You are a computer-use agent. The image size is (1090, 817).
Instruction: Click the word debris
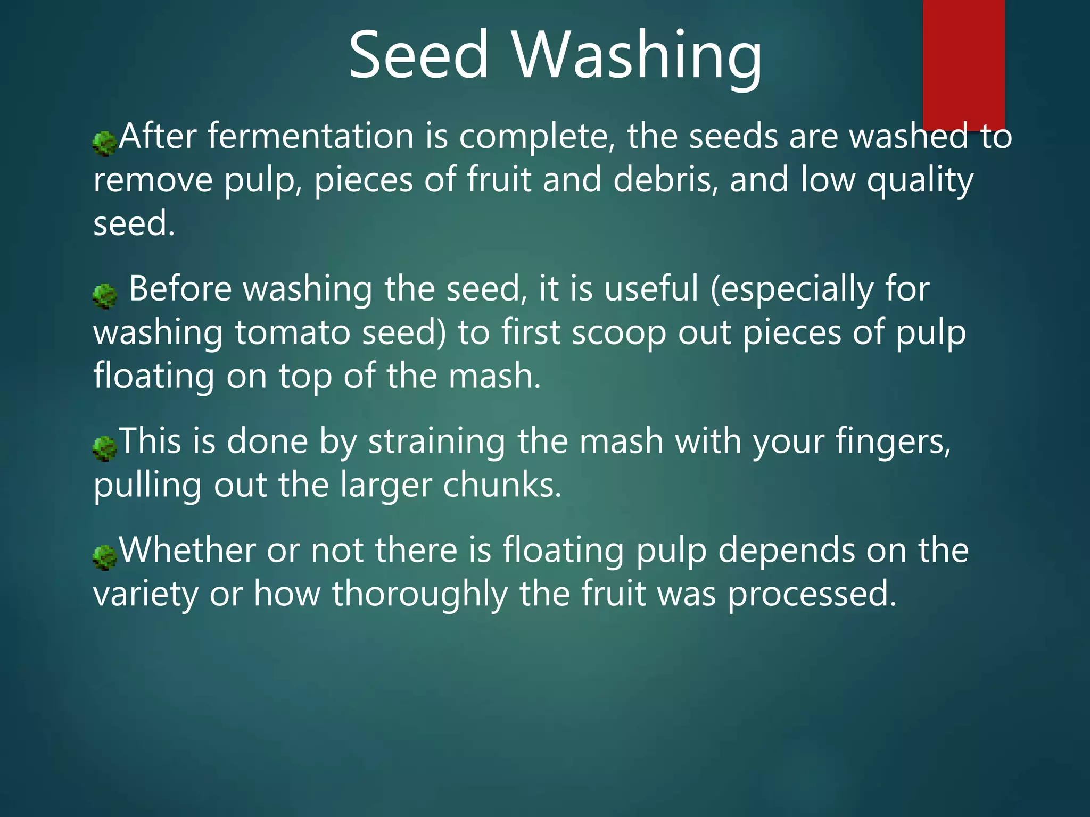(662, 180)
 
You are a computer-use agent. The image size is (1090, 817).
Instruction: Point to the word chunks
(501, 485)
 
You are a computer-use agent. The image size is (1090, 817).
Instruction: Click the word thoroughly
(420, 594)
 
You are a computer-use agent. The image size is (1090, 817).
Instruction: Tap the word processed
(812, 594)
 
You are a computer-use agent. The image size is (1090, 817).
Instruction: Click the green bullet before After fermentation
(104, 144)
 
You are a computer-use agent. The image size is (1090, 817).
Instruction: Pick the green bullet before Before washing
(104, 296)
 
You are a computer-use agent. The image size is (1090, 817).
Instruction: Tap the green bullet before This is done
(104, 448)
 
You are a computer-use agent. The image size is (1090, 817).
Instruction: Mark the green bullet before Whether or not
(104, 557)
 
